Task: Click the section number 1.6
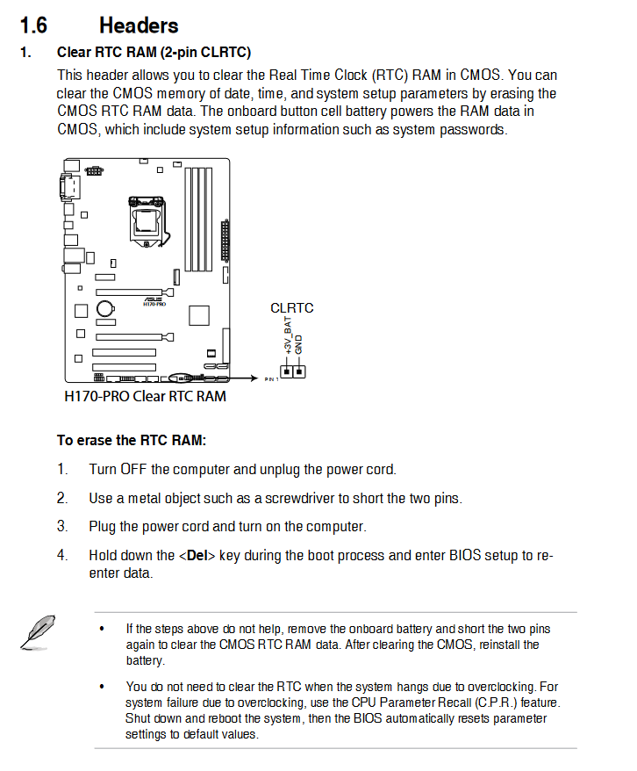click(33, 25)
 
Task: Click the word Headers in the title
click(139, 25)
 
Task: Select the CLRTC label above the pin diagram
click(291, 308)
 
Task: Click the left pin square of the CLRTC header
click(287, 371)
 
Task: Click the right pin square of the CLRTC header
click(299, 371)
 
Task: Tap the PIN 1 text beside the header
click(270, 379)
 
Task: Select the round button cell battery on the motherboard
click(104, 308)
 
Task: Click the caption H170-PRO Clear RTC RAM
click(145, 396)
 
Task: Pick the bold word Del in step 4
click(197, 555)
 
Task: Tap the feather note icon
click(35, 631)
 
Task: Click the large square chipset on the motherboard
click(201, 316)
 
